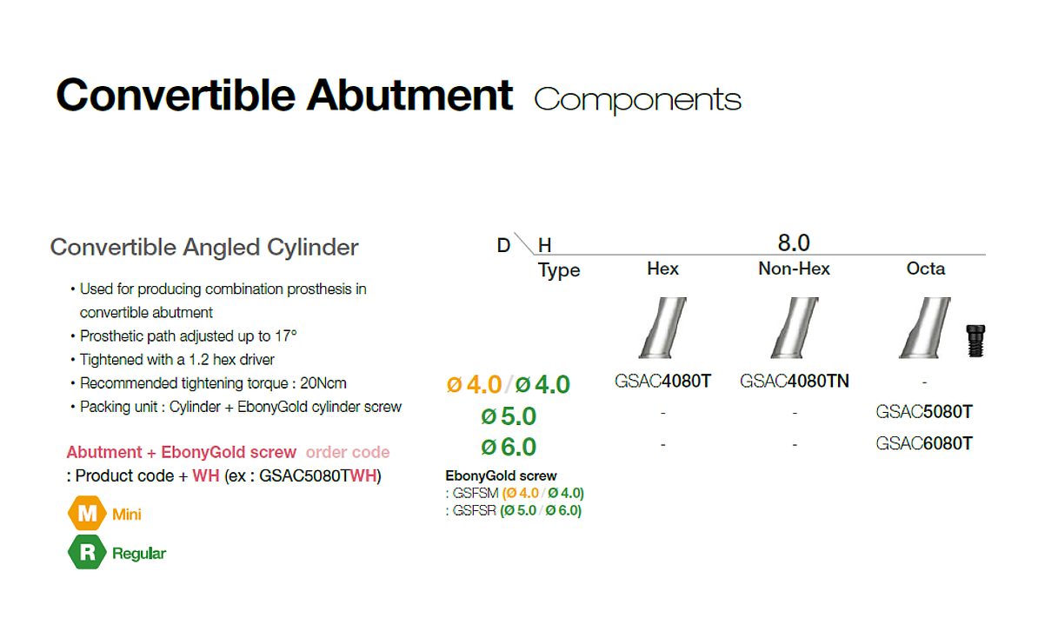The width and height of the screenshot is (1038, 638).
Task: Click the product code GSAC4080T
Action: click(662, 382)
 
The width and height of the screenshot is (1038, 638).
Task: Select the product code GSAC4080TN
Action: click(795, 382)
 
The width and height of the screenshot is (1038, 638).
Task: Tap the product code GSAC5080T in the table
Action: click(924, 412)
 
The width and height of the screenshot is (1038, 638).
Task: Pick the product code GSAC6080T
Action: click(924, 443)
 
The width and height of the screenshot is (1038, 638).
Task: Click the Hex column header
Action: click(662, 269)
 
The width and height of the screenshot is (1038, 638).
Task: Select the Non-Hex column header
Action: click(794, 269)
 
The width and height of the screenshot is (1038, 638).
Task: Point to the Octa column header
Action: click(926, 269)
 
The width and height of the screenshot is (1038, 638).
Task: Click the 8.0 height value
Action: click(794, 243)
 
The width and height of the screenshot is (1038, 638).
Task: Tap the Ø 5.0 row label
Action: click(509, 416)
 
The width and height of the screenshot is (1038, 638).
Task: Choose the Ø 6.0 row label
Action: click(509, 448)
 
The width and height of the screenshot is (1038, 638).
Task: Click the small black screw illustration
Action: click(975, 341)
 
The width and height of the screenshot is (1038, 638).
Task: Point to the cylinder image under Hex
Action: click(662, 328)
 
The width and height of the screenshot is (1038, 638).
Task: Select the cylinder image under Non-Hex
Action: click(795, 328)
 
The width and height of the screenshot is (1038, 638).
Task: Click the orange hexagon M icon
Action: click(87, 514)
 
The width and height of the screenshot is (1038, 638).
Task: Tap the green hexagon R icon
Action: click(87, 552)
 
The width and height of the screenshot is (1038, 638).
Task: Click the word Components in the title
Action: click(637, 100)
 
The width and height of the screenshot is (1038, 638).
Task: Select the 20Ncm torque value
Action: click(323, 383)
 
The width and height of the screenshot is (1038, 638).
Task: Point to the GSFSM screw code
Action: click(476, 493)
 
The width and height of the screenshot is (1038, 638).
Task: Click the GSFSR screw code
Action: click(474, 510)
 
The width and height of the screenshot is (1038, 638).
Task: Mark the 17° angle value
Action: click(286, 336)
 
